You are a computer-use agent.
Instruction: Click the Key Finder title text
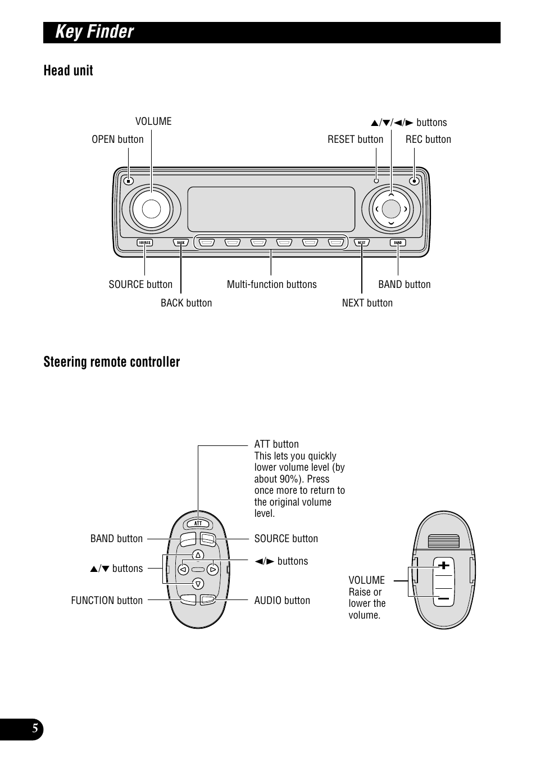[94, 32]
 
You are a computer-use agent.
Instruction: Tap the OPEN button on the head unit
[128, 181]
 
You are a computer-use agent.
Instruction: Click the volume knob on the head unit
[151, 209]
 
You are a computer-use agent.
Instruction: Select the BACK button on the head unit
[180, 243]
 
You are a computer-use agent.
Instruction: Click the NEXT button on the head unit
[362, 243]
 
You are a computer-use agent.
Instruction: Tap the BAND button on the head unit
[398, 243]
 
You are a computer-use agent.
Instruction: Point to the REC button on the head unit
[414, 181]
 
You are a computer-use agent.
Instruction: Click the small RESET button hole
[376, 181]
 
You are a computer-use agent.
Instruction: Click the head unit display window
[271, 209]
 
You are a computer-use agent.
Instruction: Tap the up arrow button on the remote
[198, 556]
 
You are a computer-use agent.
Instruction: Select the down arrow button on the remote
[198, 583]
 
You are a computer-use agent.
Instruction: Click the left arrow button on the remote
[183, 570]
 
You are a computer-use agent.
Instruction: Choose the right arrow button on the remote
[212, 570]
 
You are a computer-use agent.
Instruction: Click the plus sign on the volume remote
[444, 565]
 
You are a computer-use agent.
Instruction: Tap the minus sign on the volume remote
[444, 598]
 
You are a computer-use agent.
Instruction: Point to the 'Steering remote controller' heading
[112, 362]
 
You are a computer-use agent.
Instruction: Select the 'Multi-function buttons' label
[271, 285]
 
